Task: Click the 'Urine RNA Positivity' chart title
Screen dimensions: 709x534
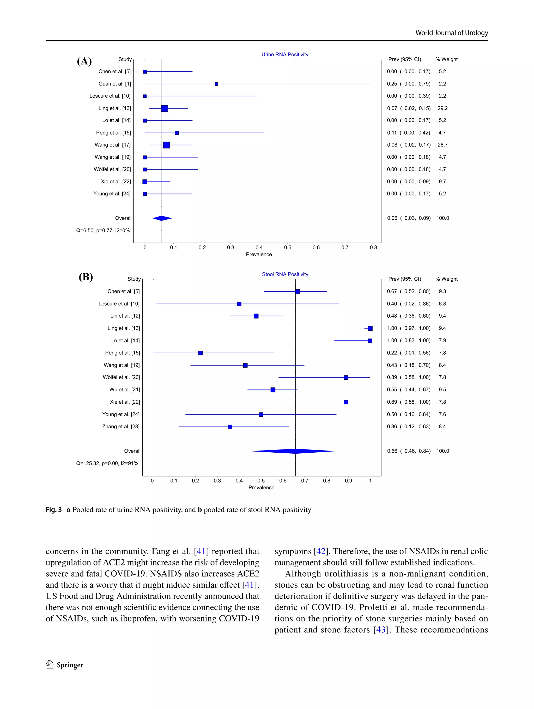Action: (x=284, y=54)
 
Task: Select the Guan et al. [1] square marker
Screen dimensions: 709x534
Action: (x=216, y=84)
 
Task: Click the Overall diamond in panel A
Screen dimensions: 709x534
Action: (x=162, y=218)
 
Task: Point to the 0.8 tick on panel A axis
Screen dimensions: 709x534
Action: (x=373, y=248)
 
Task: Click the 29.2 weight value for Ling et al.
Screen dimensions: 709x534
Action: (x=442, y=108)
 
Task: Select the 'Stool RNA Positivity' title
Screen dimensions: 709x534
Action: (x=285, y=274)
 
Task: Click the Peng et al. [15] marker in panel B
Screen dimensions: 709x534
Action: (x=201, y=353)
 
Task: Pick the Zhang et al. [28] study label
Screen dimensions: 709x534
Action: (x=121, y=427)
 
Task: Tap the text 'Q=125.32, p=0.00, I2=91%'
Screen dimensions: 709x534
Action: (x=107, y=464)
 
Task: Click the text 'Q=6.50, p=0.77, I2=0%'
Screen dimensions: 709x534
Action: (x=103, y=230)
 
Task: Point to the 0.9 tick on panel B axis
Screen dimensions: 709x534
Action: (x=348, y=481)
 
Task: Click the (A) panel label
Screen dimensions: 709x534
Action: (x=84, y=61)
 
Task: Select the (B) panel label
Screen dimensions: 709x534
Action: (x=86, y=277)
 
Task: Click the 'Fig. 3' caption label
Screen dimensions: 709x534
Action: (x=53, y=510)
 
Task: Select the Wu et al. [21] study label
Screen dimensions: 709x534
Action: (x=124, y=390)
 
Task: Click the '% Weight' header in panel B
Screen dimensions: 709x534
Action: (x=446, y=279)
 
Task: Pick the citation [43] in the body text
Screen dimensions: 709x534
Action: (x=381, y=630)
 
